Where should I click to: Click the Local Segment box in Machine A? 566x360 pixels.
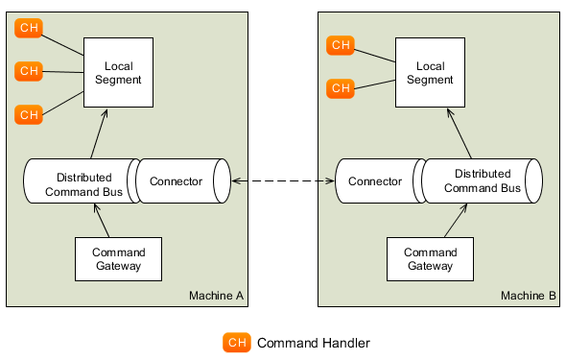118,72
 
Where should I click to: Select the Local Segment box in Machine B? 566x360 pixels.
431,72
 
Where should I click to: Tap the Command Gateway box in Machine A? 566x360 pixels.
118,259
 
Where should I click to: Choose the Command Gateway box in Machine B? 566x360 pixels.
430,259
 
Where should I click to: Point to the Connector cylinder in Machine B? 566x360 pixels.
376,181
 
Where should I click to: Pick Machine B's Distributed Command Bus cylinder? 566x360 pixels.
482,180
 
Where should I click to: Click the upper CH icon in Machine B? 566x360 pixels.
341,45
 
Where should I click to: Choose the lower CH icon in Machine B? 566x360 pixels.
341,88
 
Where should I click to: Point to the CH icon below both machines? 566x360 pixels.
236,343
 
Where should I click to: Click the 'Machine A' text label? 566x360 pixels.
216,295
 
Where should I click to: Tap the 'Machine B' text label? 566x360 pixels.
528,295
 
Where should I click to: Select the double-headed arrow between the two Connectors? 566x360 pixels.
283,180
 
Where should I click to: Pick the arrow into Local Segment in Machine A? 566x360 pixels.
96,132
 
